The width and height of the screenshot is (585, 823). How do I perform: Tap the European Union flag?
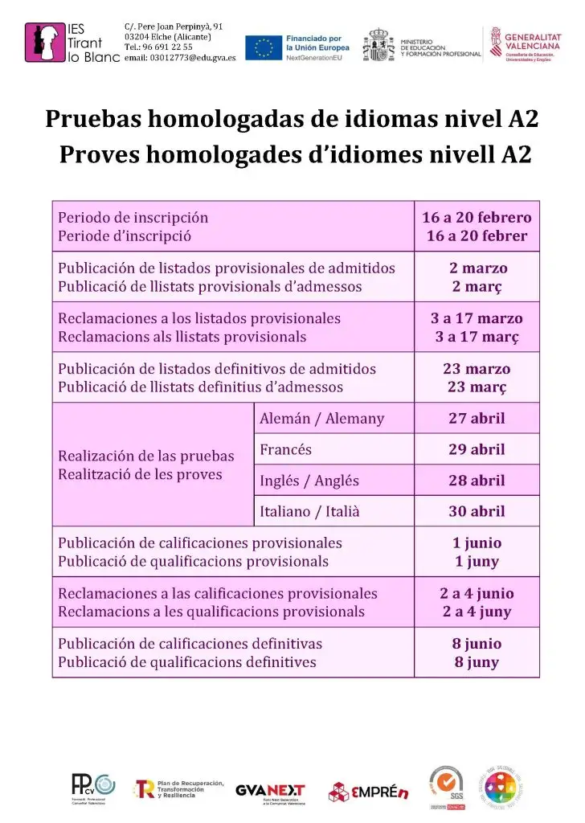[263, 48]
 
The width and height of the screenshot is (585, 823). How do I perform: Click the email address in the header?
[180, 59]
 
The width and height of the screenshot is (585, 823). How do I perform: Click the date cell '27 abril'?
[477, 418]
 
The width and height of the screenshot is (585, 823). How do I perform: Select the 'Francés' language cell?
[286, 449]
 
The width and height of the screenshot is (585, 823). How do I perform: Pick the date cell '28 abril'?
[477, 481]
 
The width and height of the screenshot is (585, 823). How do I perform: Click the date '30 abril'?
[477, 511]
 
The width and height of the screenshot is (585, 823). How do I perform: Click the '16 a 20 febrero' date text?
[477, 217]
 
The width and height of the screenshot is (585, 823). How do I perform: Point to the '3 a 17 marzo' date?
[477, 318]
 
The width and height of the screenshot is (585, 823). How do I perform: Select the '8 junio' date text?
[477, 644]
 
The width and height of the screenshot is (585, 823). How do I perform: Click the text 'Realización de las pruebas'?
[146, 456]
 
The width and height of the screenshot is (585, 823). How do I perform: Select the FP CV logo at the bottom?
[93, 787]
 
